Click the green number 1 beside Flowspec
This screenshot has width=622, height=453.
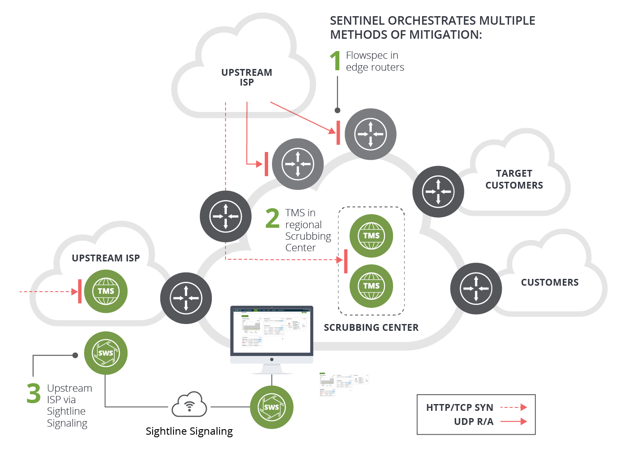pos(336,60)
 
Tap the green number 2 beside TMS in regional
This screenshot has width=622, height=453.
pos(272,218)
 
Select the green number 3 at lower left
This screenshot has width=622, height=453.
pos(33,393)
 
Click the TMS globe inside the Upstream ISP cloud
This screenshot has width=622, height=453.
pos(106,291)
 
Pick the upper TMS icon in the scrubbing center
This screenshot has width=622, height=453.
pos(371,235)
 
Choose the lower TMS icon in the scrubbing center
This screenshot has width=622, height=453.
pos(371,286)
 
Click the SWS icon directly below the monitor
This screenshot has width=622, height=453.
pos(272,407)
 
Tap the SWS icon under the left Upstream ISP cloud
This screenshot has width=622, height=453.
pos(106,353)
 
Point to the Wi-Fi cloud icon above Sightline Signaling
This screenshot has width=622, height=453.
pos(189,404)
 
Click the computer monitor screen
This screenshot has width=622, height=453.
pos(272,330)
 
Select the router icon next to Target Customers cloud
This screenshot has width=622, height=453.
pos(438,192)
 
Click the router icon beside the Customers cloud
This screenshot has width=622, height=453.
pos(476,288)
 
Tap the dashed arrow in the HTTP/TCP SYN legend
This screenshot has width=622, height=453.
pos(514,407)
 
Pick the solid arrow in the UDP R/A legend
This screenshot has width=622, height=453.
pos(514,421)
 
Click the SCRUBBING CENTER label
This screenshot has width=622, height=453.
pos(371,327)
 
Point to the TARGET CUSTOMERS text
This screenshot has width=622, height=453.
pos(514,179)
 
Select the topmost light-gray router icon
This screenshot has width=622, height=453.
pos(370,134)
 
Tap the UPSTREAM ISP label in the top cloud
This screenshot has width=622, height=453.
pos(246,77)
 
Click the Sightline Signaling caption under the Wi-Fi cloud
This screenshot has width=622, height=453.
pos(189,431)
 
